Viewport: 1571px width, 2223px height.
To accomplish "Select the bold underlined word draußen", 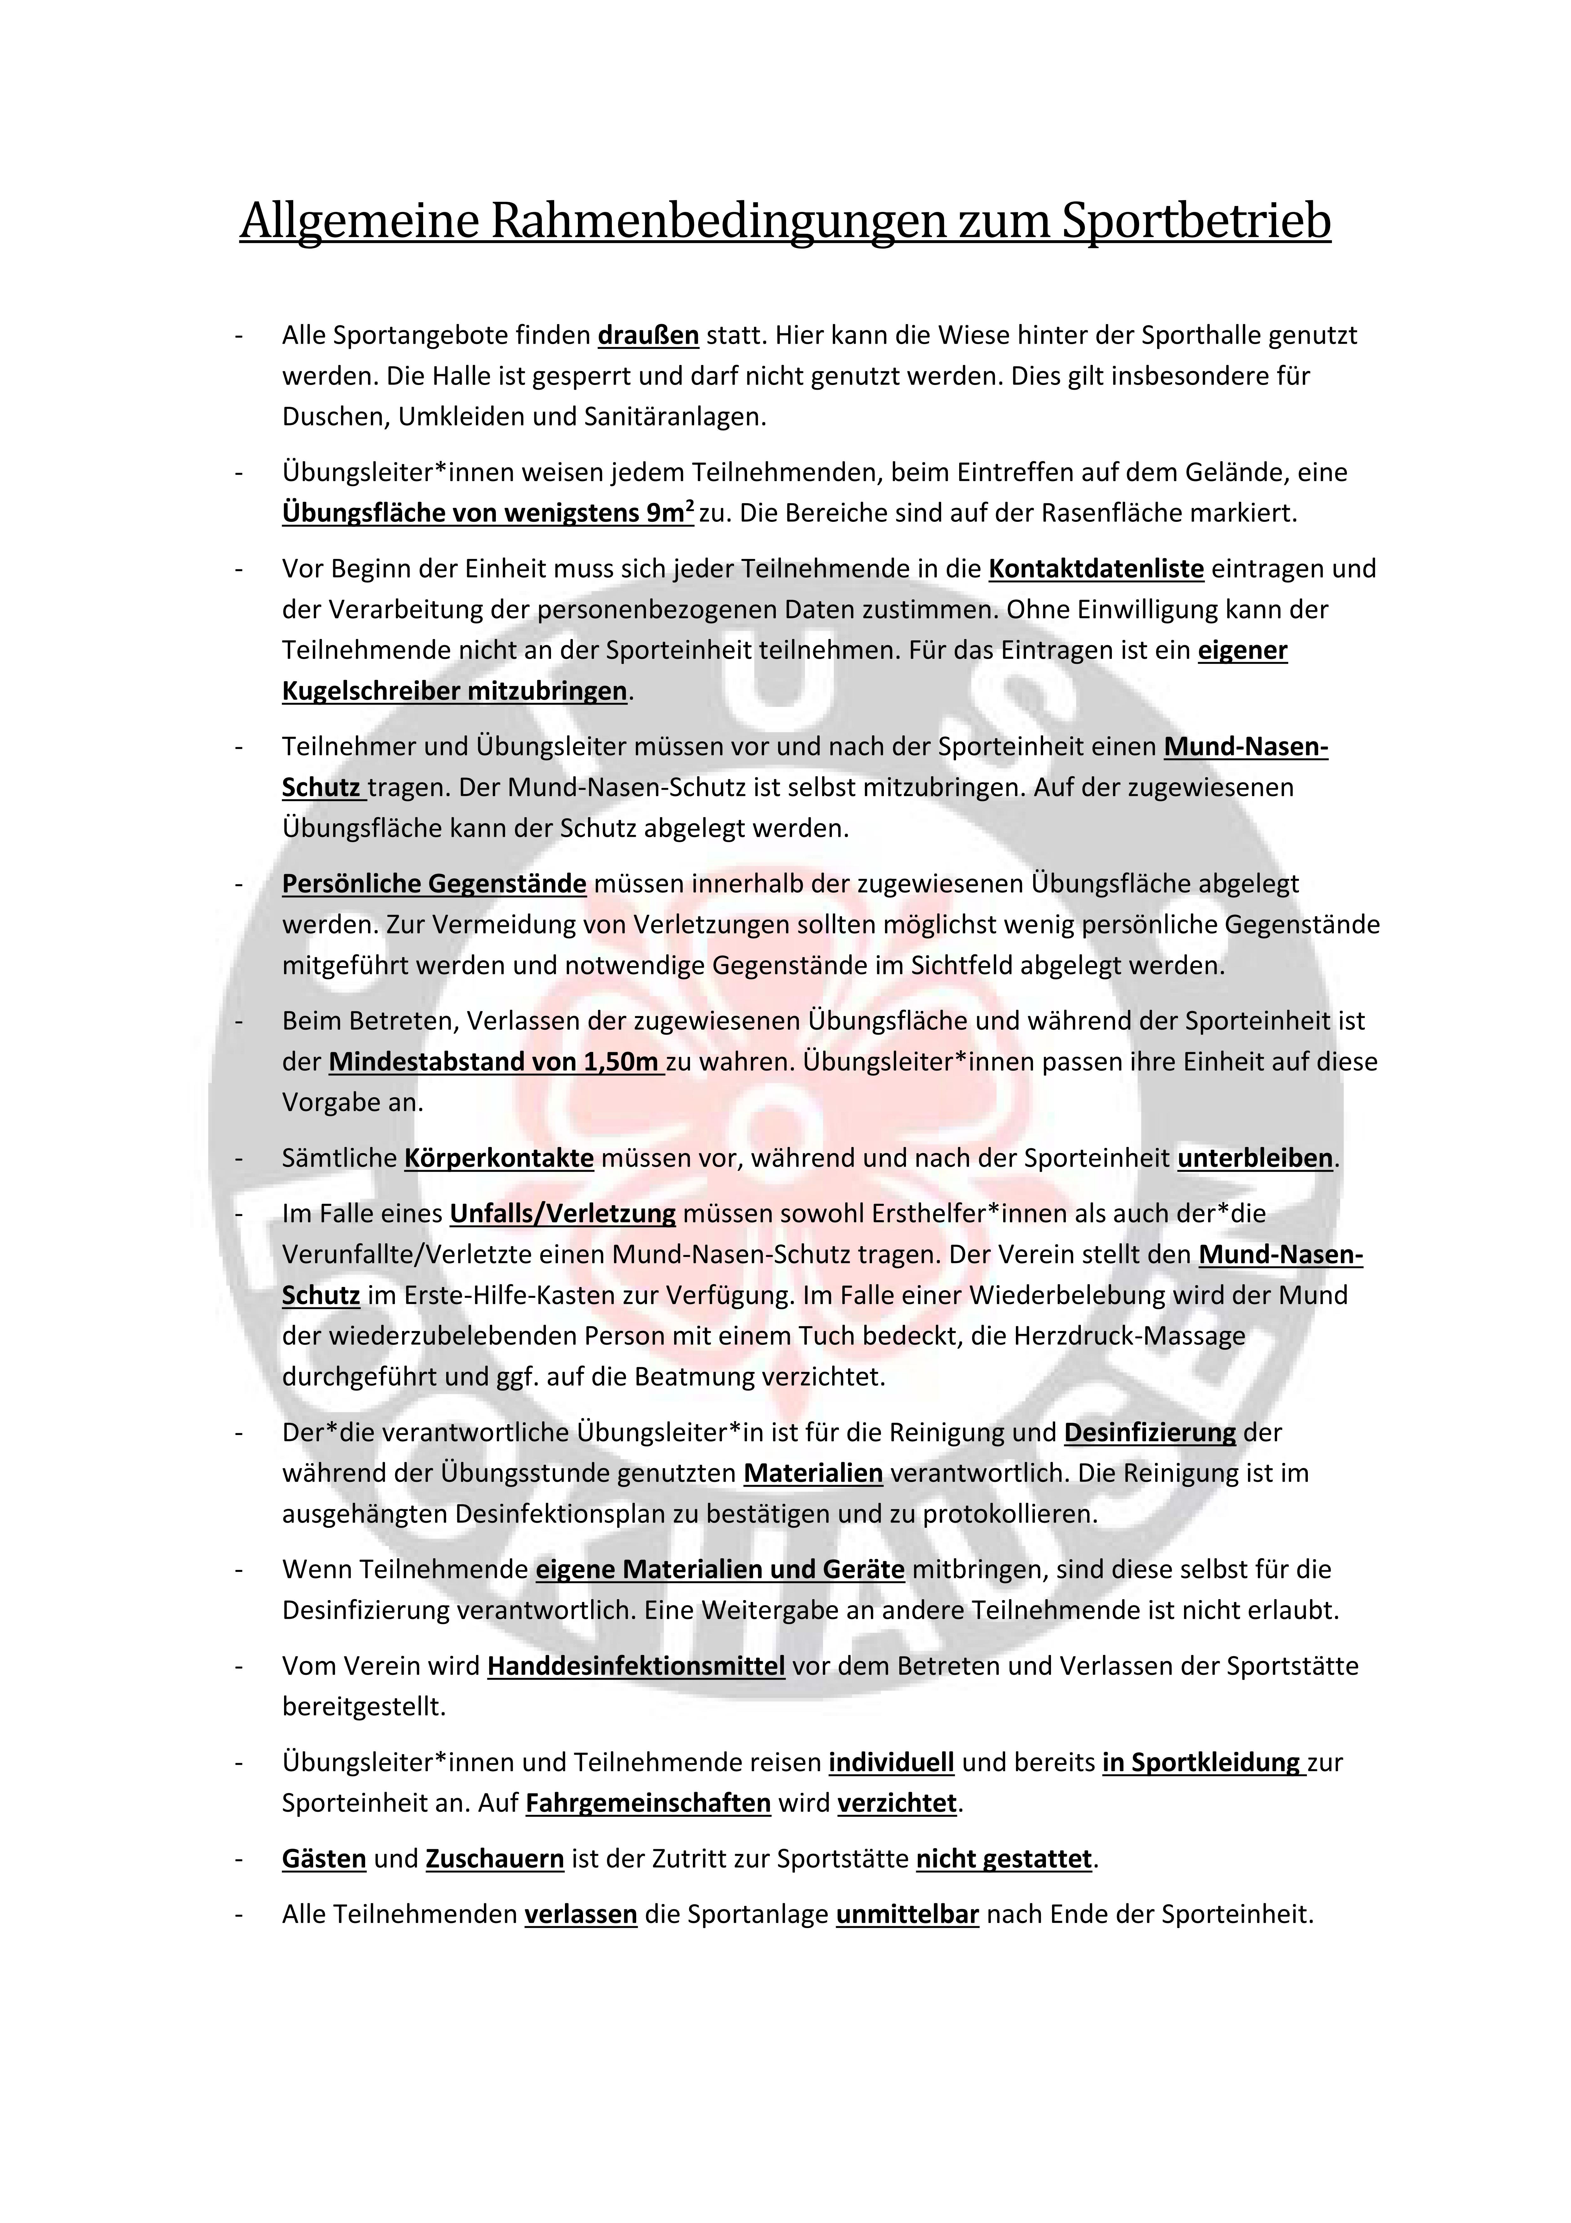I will [x=649, y=336].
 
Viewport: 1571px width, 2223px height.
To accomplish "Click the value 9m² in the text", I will [x=667, y=513].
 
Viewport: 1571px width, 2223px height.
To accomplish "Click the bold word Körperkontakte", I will [x=498, y=1158].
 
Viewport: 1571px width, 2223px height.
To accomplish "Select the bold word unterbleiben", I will [x=1254, y=1158].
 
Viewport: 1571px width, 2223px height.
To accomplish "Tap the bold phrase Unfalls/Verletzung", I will [x=562, y=1213].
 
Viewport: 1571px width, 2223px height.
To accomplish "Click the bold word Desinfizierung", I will [x=1150, y=1432].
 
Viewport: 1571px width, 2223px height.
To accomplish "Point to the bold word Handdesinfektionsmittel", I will [x=636, y=1666].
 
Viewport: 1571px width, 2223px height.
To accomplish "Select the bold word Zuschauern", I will [x=495, y=1859].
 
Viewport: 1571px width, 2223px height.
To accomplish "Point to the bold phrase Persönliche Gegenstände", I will [x=434, y=884].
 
